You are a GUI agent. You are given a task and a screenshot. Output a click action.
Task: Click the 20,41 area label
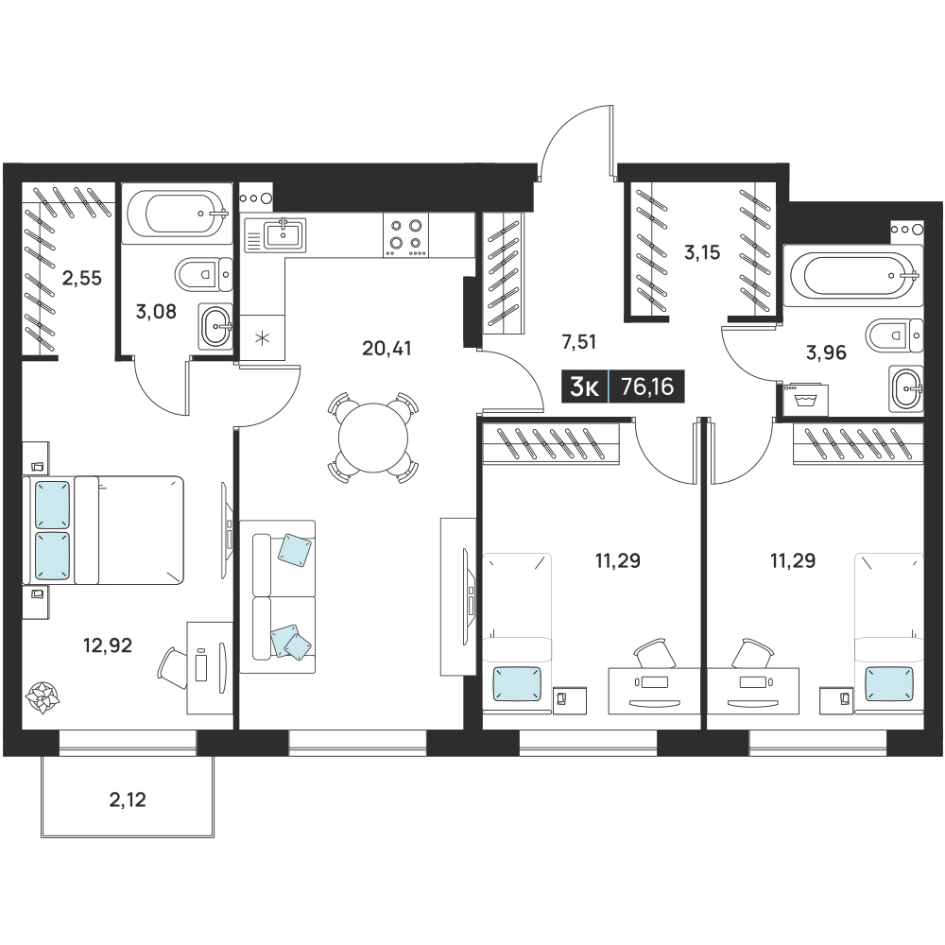[387, 349]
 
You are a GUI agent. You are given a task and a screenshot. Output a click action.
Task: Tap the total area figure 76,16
[647, 387]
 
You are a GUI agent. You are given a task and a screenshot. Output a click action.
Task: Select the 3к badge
[584, 387]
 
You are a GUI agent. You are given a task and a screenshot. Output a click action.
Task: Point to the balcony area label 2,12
[128, 799]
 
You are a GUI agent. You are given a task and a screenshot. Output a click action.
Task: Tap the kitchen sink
[275, 234]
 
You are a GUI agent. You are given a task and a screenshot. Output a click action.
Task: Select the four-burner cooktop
[405, 235]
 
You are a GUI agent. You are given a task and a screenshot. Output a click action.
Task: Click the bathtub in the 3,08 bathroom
[177, 213]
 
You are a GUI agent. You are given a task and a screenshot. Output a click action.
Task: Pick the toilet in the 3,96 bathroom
[895, 335]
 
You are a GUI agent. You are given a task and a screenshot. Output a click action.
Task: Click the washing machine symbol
[805, 400]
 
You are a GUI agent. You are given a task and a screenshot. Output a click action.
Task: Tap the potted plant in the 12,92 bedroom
[43, 697]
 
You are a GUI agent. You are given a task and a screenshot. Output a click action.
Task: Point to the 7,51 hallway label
[578, 342]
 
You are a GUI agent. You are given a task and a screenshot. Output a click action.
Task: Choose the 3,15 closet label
[702, 252]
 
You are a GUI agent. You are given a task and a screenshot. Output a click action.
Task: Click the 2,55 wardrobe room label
[82, 278]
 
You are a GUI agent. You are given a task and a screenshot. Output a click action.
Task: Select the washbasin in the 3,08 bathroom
[215, 326]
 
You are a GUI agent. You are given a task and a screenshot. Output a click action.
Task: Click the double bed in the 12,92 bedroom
[103, 530]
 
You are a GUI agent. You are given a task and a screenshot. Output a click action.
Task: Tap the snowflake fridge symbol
[262, 337]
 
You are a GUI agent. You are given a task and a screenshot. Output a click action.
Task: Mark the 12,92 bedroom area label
[108, 645]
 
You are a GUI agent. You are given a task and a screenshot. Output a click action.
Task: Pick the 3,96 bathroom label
[826, 352]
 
